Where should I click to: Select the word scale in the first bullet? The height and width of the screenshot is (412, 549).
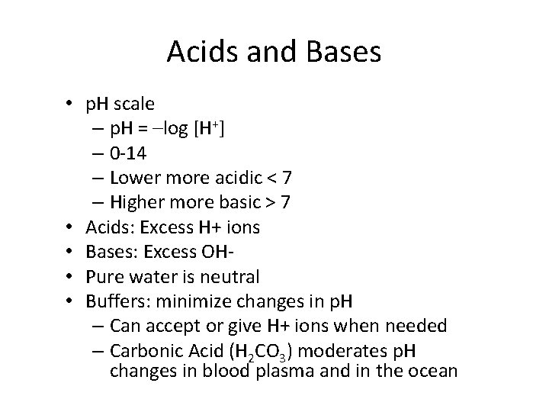point(134,104)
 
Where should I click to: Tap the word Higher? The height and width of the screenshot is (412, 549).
point(134,202)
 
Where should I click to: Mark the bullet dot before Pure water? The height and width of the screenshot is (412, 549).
point(69,277)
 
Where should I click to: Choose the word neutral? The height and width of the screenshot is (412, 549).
point(233,276)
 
